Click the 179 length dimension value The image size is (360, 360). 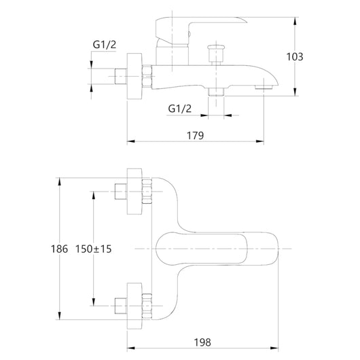coord(195,135)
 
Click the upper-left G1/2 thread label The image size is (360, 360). coord(105,46)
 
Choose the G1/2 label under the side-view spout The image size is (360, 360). coord(180,108)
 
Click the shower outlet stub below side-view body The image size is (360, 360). coord(216,92)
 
